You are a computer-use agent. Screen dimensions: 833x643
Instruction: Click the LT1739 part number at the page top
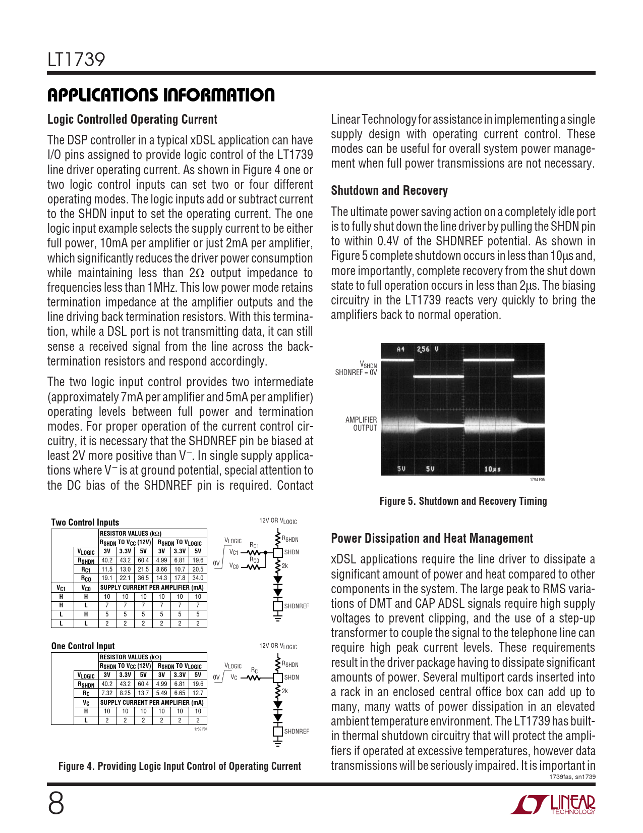(76, 60)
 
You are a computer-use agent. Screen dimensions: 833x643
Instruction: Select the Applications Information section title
(161, 95)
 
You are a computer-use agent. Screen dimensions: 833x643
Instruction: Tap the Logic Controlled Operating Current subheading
(132, 120)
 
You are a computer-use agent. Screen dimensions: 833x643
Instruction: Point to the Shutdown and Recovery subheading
(389, 191)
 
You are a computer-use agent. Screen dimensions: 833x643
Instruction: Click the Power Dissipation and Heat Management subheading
(432, 539)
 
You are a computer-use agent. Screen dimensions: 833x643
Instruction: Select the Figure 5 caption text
(463, 501)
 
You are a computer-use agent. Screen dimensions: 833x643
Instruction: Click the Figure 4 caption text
(180, 766)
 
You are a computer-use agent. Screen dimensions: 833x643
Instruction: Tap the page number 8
(56, 804)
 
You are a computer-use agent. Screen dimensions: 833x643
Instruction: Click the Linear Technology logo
(553, 804)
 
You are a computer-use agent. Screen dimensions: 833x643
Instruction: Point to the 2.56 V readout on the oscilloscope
(428, 349)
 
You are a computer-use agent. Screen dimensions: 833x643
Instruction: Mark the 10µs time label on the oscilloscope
(492, 469)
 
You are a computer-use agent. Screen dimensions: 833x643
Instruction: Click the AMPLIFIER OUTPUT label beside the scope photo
(361, 424)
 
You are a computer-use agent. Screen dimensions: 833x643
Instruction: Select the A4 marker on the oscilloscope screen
(401, 349)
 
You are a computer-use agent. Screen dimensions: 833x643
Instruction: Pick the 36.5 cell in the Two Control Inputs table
(143, 578)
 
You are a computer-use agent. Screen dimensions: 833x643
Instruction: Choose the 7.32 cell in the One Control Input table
(107, 693)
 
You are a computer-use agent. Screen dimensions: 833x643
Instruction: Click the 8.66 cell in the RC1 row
(161, 569)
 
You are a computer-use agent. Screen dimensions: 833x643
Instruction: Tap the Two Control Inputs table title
(85, 523)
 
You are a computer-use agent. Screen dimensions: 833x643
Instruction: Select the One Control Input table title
(83, 646)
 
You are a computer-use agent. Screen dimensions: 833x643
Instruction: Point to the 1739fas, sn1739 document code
(572, 777)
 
